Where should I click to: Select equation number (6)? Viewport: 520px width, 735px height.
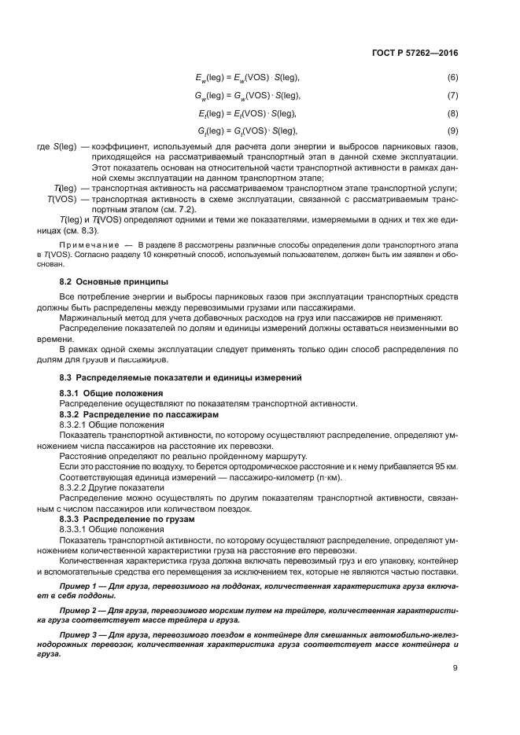tap(452, 79)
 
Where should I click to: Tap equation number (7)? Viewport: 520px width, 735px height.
tap(452, 96)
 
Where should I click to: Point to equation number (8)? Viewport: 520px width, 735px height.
tap(452, 113)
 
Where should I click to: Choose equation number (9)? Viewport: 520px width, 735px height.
tap(452, 130)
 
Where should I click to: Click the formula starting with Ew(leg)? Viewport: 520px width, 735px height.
tap(246, 79)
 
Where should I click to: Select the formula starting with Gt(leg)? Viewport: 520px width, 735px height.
tap(246, 130)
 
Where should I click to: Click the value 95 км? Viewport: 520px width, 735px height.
tap(446, 466)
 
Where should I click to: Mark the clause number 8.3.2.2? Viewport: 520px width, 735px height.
tap(76, 487)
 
